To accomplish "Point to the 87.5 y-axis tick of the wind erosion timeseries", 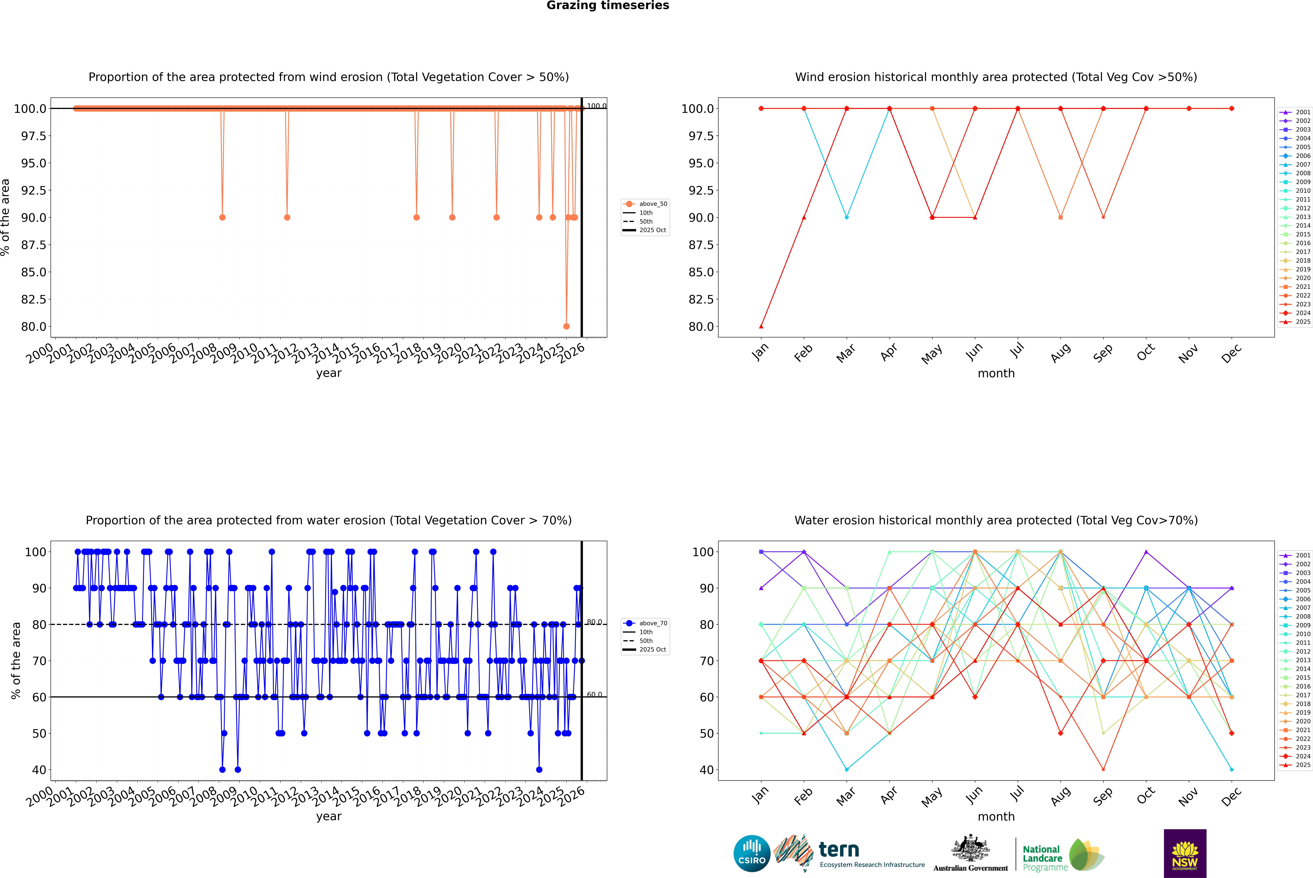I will pyautogui.click(x=34, y=245).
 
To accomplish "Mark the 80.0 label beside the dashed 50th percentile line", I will pyautogui.click(x=594, y=622).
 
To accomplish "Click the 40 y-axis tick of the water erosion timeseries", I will pyautogui.click(x=39, y=770).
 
